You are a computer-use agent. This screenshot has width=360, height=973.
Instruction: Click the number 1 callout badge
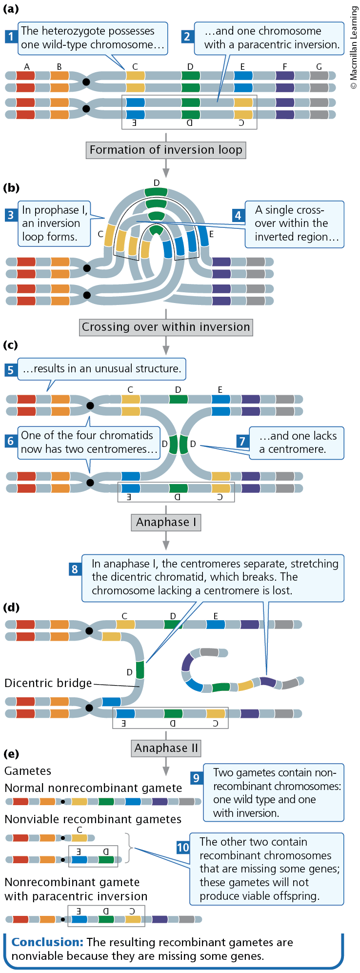point(11,36)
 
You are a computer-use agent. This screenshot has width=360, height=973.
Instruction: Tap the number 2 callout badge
point(187,36)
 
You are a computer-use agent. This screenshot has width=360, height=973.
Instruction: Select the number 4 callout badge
point(238,215)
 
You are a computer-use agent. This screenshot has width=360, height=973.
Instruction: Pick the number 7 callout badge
point(242,441)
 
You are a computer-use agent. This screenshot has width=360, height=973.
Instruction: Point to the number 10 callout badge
point(183,847)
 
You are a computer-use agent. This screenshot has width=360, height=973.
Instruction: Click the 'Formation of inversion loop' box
point(166,150)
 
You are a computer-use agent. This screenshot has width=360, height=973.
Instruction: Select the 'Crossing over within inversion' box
point(166,327)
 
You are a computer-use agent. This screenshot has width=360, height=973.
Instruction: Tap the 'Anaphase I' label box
point(166,522)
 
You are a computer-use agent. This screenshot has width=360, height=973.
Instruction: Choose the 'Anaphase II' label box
point(166,748)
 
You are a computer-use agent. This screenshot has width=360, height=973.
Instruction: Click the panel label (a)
point(11,8)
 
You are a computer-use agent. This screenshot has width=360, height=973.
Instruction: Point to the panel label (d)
point(11,608)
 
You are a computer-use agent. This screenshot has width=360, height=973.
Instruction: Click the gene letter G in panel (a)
point(319,67)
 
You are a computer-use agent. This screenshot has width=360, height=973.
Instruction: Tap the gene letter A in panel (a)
point(27,67)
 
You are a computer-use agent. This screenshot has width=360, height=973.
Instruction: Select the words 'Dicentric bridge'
point(48,683)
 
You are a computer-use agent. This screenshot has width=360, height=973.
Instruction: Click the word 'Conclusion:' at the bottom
point(47,942)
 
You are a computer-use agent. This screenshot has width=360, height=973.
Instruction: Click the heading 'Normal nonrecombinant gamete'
point(93,788)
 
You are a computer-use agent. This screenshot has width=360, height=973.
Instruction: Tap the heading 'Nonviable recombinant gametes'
point(93,819)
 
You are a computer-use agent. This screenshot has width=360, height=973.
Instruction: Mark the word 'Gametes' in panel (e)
point(28,771)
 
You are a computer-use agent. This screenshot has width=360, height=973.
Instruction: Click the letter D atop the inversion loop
point(157,183)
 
